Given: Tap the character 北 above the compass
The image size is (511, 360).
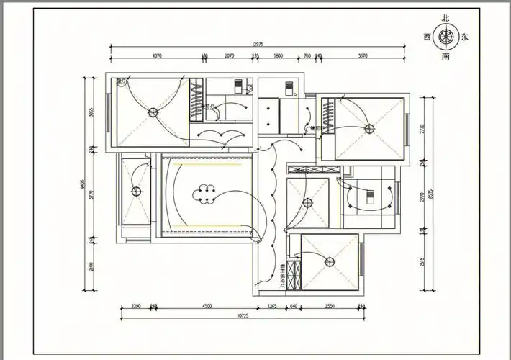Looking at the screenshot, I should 446,18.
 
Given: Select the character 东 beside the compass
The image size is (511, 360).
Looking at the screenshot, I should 465,36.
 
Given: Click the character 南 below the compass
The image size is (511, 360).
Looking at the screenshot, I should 446,55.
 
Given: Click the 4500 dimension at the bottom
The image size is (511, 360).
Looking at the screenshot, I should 207,306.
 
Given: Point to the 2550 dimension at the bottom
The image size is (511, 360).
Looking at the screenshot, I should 330,306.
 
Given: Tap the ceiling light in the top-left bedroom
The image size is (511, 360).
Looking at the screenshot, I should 153,112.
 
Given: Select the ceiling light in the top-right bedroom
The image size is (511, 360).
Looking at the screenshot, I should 369,128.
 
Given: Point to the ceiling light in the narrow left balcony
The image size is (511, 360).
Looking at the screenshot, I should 135,191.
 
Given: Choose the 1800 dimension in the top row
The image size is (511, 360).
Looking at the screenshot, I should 279,55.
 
